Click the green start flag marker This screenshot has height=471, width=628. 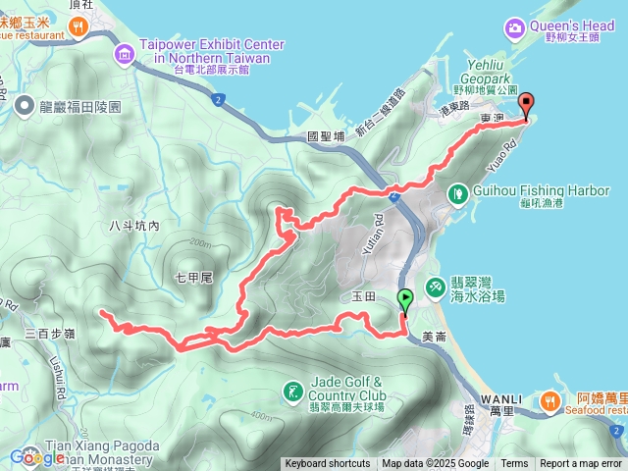[405, 299]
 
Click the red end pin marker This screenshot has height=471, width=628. [526, 103]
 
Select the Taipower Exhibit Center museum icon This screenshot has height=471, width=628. [125, 52]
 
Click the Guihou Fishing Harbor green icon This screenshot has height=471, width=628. [456, 193]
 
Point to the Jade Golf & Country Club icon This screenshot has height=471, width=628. [291, 394]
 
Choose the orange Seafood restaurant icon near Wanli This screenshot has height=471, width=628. [549, 400]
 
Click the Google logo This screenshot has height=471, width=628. [37, 457]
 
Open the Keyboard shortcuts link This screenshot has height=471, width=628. [328, 464]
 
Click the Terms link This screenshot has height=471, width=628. [514, 464]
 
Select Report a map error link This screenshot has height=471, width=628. [581, 464]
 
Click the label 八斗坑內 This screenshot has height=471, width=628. [134, 227]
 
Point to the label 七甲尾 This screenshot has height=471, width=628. [193, 278]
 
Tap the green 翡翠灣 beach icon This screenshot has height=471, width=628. [434, 285]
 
